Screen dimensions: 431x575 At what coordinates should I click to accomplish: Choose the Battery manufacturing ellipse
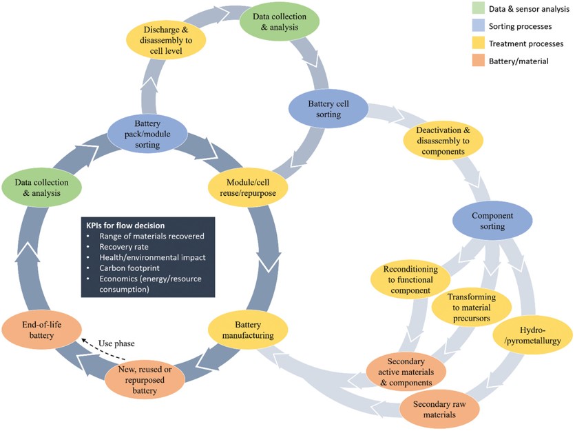pyautogui.click(x=247, y=330)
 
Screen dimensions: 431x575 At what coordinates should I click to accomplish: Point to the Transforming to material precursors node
pyautogui.click(x=472, y=307)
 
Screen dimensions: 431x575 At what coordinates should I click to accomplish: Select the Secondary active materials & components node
pyautogui.click(x=406, y=371)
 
